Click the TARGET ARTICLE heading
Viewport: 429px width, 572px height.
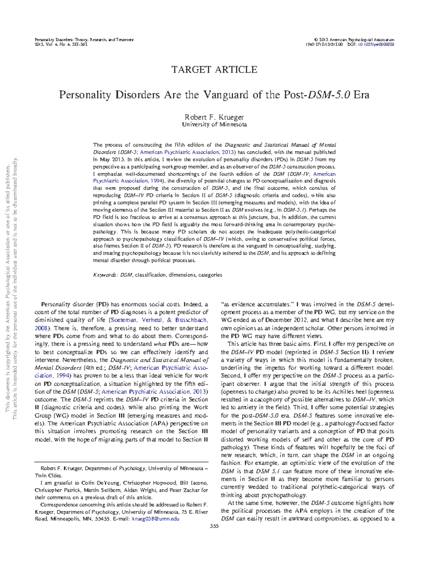coord(214,70)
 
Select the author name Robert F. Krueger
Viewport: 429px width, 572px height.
coord(214,117)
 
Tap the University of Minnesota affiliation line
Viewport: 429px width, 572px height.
coord(214,125)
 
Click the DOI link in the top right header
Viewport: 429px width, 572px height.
coord(376,44)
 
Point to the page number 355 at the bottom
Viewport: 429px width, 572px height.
coord(214,526)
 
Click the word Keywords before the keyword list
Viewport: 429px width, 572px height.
coord(104,275)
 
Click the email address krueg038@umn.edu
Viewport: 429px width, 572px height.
coord(156,519)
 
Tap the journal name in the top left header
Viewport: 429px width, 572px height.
coord(84,40)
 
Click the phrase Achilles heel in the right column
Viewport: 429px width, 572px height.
coord(349,392)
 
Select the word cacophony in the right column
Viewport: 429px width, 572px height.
coord(267,400)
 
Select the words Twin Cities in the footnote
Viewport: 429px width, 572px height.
coord(48,475)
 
